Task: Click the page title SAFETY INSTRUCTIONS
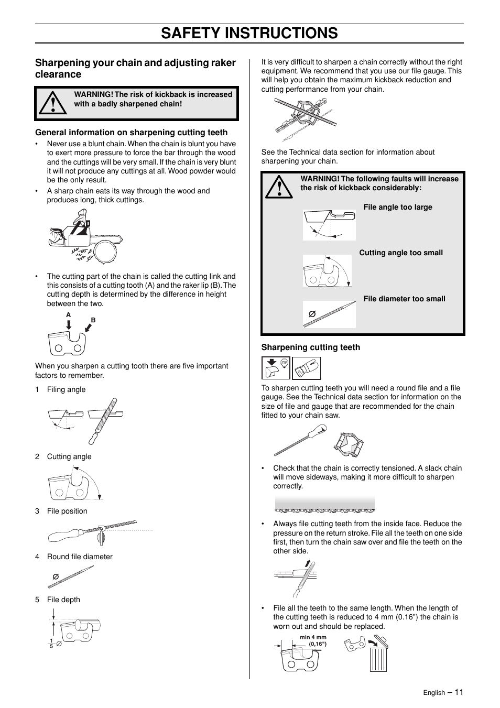pyautogui.click(x=249, y=33)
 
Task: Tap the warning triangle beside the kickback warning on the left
pyautogui.click(x=54, y=103)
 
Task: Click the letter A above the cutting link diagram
pyautogui.click(x=68, y=315)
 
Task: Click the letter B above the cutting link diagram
pyautogui.click(x=93, y=319)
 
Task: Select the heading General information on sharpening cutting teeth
pyautogui.click(x=131, y=133)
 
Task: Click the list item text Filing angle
pyautogui.click(x=66, y=389)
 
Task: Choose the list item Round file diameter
pyautogui.click(x=80, y=557)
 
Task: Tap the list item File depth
pyautogui.click(x=63, y=600)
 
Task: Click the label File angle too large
pyautogui.click(x=398, y=207)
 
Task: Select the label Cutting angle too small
pyautogui.click(x=400, y=253)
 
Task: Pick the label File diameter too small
pyautogui.click(x=404, y=299)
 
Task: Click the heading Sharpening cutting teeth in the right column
pyautogui.click(x=311, y=347)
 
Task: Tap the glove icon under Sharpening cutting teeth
pyautogui.click(x=306, y=368)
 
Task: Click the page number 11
pyautogui.click(x=459, y=692)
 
